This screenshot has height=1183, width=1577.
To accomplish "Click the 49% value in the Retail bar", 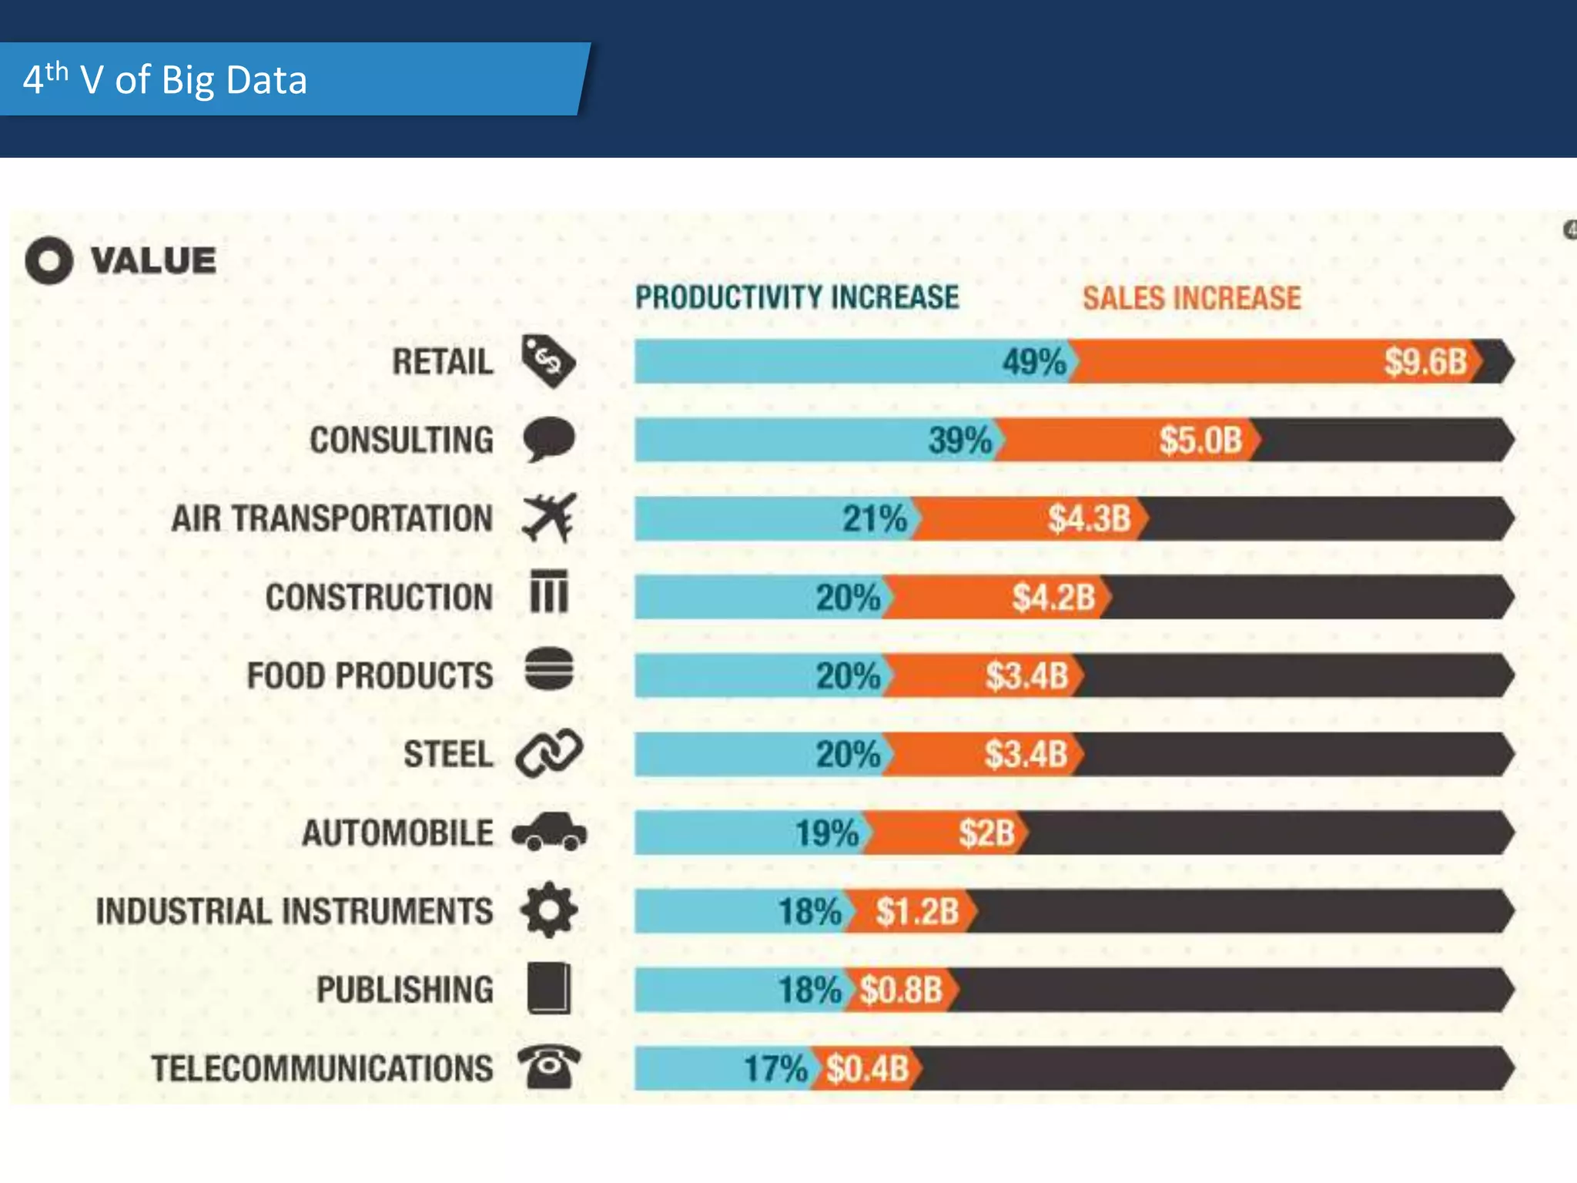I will click(1033, 362).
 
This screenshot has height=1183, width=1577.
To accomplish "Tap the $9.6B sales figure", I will click(1425, 362).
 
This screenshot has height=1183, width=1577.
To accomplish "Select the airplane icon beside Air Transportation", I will click(549, 518).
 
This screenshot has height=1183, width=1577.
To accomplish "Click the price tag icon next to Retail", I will click(547, 360).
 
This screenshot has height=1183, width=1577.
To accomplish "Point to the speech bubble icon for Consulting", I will click(548, 439).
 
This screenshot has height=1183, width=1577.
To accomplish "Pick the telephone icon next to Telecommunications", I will click(548, 1067).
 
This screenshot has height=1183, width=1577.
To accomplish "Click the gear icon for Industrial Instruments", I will click(548, 910).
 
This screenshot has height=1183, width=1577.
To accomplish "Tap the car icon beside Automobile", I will click(549, 832).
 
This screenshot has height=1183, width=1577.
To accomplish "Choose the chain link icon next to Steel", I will click(549, 752).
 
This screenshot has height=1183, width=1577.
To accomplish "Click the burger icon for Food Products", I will click(549, 669).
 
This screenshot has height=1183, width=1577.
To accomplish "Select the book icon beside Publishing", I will click(549, 988).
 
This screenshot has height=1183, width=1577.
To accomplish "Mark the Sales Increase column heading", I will click(1191, 298).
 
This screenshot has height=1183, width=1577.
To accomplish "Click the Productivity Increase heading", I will click(797, 297).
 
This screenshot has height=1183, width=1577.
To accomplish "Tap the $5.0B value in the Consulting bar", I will click(1200, 441).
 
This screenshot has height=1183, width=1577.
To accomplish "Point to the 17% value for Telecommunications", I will click(775, 1068).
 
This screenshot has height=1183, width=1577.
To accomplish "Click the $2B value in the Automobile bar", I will click(986, 833).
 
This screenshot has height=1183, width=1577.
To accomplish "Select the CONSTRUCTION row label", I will click(379, 597).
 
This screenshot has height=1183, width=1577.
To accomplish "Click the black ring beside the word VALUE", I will click(49, 260).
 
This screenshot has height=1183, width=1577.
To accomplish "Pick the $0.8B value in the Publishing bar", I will click(901, 990).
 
